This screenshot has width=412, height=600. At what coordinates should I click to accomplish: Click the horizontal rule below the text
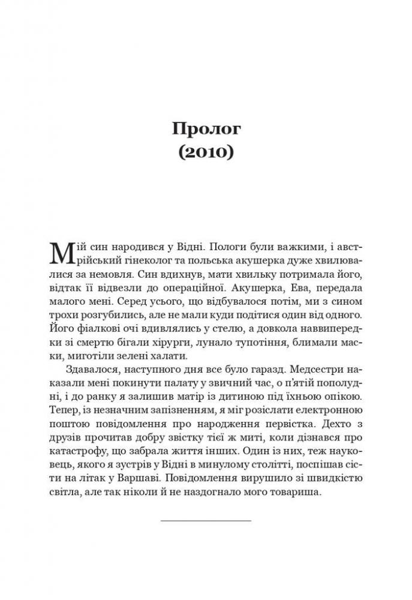click(x=206, y=520)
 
